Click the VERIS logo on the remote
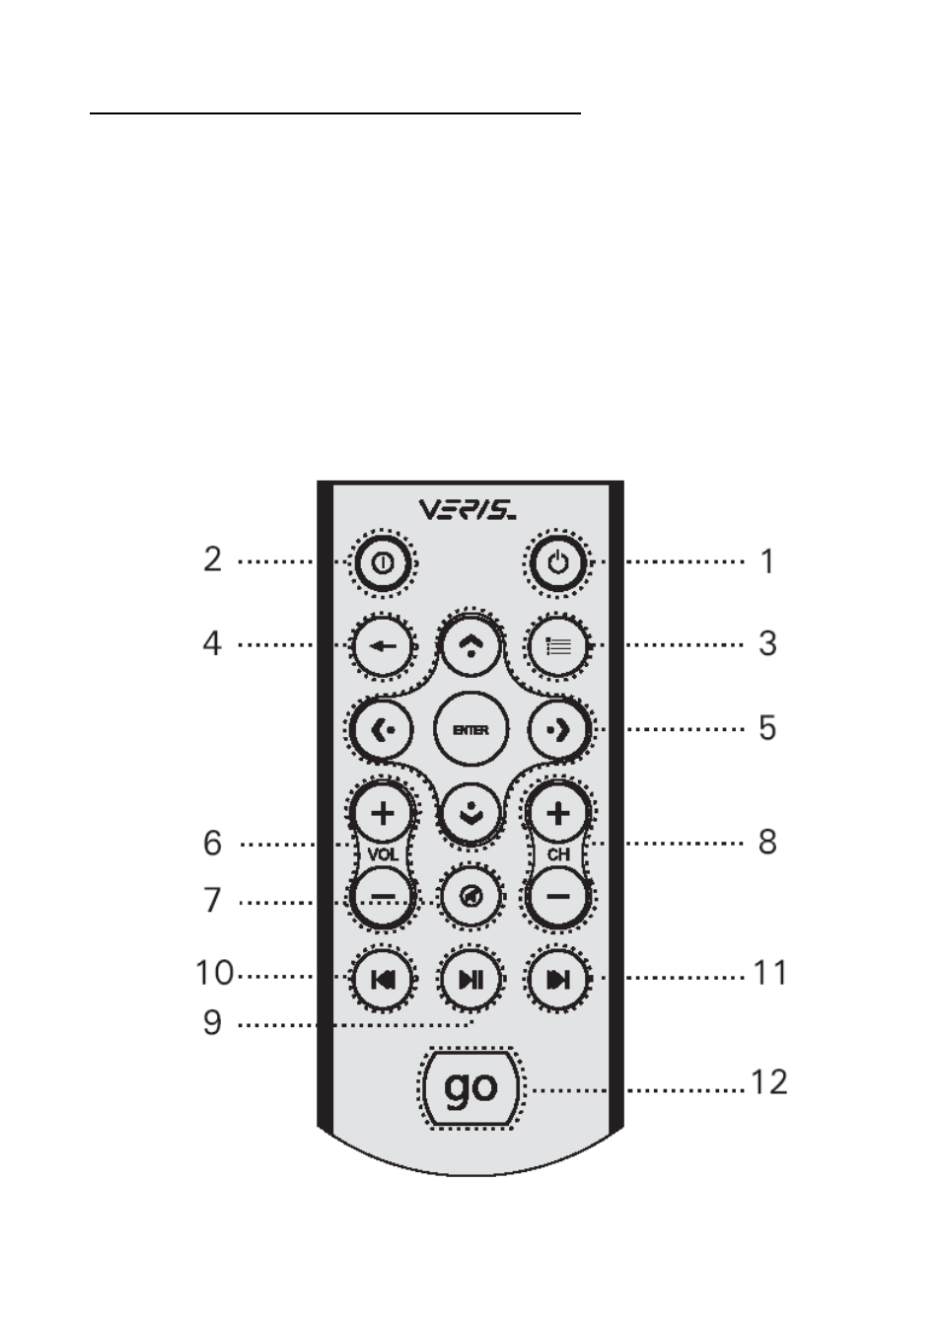(x=468, y=510)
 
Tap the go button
(x=470, y=1087)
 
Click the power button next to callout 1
(x=557, y=562)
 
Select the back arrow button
(x=383, y=646)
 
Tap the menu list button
(x=557, y=646)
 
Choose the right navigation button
(x=558, y=729)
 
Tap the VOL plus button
(x=383, y=813)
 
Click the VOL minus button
(x=383, y=896)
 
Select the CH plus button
(x=557, y=813)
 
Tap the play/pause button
(x=470, y=980)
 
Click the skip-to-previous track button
(x=383, y=980)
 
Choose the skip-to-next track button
(x=557, y=980)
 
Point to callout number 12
(x=769, y=1081)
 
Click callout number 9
(x=212, y=1023)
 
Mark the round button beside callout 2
(x=383, y=562)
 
